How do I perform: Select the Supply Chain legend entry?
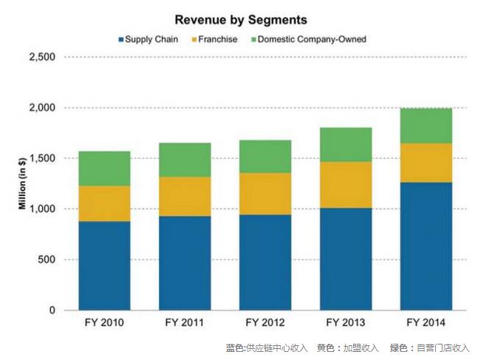pos(148,39)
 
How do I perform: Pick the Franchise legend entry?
pos(219,39)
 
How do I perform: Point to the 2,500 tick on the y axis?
pos(42,57)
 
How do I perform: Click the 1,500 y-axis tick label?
pos(42,158)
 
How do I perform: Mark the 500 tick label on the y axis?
pos(47,259)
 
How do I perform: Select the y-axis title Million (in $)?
pos(23,183)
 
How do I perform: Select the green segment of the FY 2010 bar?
pos(104,169)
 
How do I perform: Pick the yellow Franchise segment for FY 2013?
pos(346,185)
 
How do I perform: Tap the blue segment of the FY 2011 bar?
pos(185,263)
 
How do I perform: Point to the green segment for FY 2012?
pos(265,157)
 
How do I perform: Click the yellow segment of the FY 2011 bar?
pos(185,197)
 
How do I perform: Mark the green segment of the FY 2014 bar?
pos(426,126)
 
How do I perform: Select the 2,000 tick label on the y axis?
pos(42,108)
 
